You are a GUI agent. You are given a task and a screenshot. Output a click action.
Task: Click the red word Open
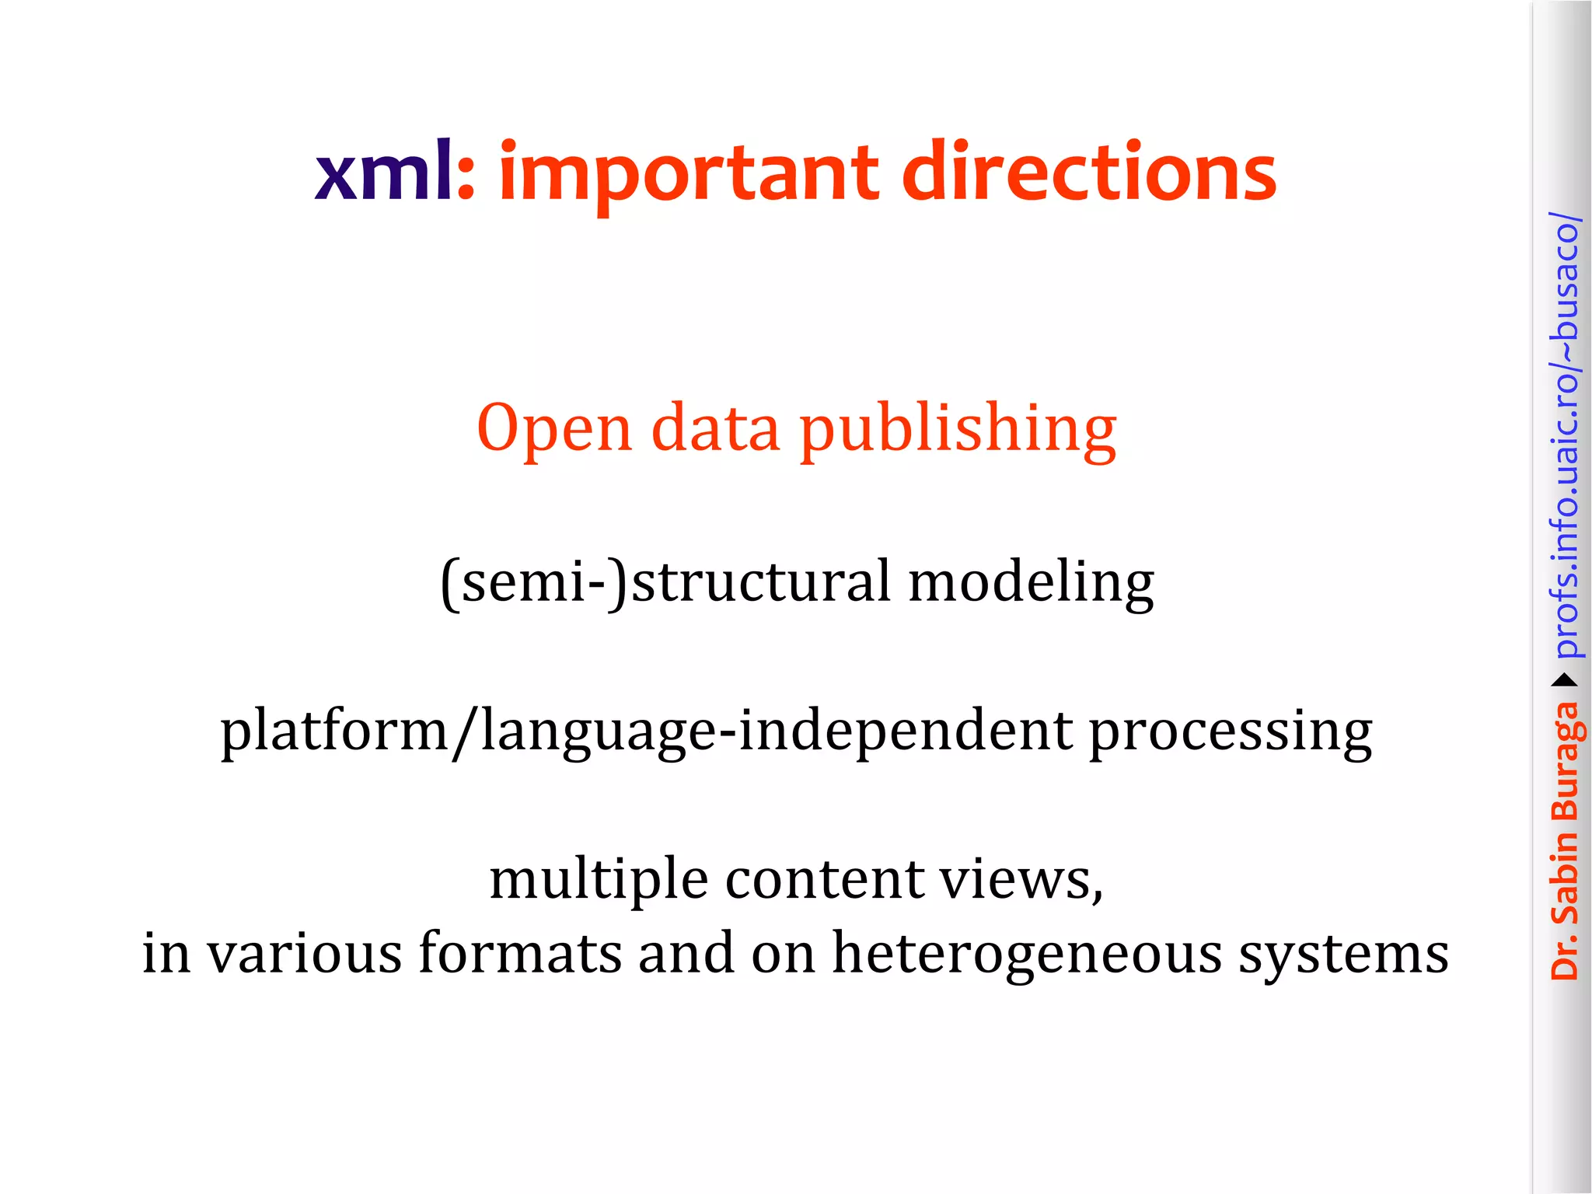553,428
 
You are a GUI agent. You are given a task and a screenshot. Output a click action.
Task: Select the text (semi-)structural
665,581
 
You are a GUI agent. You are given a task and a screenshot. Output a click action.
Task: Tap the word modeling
1031,583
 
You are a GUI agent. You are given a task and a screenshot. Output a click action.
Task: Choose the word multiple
599,881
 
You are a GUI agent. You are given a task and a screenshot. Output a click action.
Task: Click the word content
825,879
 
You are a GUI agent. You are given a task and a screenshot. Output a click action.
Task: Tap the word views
1020,879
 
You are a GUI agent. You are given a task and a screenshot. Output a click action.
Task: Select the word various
304,953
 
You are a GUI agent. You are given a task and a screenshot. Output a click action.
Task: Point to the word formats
520,953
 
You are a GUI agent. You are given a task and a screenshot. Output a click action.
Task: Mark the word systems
1343,955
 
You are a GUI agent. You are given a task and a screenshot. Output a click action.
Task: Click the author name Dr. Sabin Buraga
1564,840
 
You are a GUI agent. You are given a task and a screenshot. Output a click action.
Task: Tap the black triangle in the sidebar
1564,681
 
